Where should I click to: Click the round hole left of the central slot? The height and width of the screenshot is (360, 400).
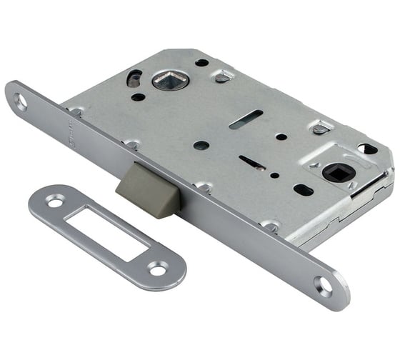click(x=202, y=145)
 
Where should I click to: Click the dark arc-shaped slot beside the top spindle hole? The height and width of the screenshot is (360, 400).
click(x=134, y=76)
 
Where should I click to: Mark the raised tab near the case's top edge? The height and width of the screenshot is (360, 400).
click(x=224, y=75)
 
